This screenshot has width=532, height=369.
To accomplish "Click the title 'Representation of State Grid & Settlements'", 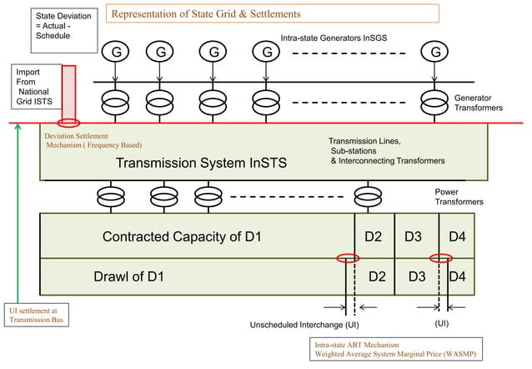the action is point(206,14).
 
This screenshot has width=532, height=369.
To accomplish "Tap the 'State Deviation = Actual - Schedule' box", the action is point(64,31).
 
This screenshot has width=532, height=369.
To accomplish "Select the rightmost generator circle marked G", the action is point(434,52).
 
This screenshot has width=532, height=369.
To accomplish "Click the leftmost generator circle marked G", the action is point(115,52).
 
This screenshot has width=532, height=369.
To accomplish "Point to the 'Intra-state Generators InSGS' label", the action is point(334,38).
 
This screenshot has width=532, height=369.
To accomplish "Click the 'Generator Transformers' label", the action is point(479,103).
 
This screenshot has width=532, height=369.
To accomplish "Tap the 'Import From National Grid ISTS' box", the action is point(37,87).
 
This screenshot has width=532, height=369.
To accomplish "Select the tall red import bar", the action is point(69,94).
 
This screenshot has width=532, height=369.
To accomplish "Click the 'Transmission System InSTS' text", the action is point(201,163).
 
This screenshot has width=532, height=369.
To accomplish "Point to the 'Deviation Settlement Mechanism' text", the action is point(93,140).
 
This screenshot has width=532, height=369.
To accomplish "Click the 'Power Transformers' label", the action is point(459,197).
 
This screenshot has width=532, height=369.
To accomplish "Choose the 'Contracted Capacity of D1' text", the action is point(182,236).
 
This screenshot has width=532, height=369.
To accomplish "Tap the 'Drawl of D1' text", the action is point(128,276).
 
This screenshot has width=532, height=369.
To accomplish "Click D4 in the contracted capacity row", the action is point(457,236).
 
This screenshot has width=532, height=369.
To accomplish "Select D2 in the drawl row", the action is point(377,276).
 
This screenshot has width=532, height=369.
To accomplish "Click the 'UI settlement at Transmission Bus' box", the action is point(37,315).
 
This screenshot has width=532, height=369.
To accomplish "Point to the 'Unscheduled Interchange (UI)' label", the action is point(304,325).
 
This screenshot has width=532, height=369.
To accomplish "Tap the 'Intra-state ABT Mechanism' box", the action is point(396,349).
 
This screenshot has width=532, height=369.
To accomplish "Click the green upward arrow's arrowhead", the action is point(18,127).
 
